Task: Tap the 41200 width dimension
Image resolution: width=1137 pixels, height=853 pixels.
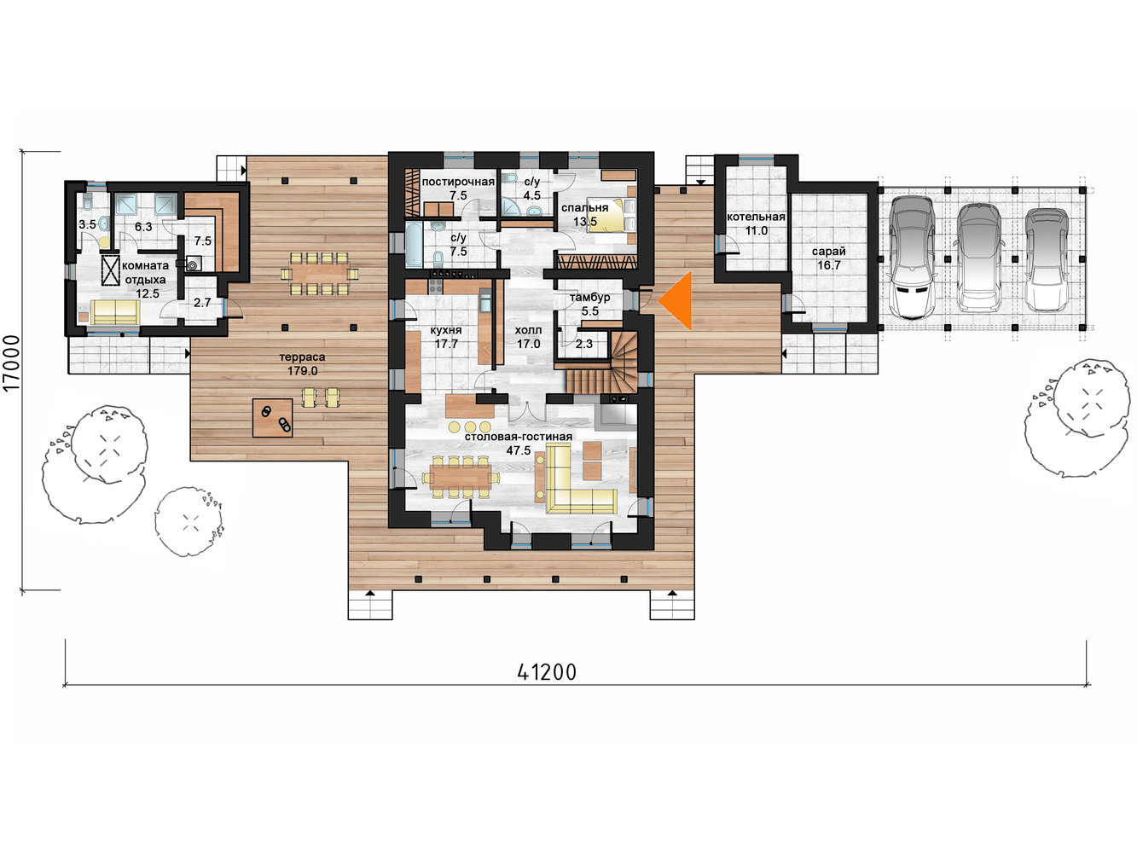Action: pos(547,672)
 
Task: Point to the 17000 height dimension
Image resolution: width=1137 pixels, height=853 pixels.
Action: pos(11,363)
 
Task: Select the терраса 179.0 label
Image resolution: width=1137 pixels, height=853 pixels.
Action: pos(303,363)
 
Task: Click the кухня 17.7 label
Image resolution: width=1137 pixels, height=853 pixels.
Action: pos(446,337)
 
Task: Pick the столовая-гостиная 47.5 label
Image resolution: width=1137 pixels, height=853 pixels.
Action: pos(519,444)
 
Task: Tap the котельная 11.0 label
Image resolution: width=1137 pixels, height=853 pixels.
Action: pos(756,223)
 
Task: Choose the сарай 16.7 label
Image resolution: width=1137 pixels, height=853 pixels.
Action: pos(829,258)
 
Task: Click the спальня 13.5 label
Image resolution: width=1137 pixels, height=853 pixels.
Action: pos(585,214)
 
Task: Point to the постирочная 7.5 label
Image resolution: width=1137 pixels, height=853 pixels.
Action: pos(458,189)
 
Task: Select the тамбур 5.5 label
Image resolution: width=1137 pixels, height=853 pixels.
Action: pos(590,305)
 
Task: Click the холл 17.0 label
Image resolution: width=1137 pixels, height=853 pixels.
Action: pos(528,337)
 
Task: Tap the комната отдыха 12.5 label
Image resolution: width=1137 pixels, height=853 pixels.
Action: pos(146,280)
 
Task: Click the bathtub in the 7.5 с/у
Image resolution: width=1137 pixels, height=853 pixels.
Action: pos(414,245)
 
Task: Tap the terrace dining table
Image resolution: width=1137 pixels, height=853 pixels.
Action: pos(320,273)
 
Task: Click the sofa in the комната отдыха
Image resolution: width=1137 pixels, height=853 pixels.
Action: pos(115,312)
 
